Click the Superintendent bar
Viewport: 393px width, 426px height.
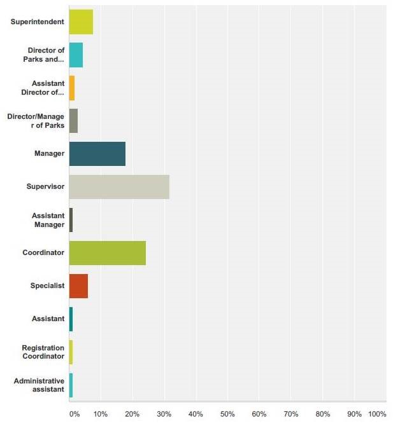point(81,22)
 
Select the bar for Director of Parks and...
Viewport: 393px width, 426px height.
point(76,55)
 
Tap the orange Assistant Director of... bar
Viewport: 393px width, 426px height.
point(72,88)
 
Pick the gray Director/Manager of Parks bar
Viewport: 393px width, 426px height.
point(73,121)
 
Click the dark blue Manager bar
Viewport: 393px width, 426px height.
point(97,154)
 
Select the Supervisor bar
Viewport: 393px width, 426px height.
point(119,187)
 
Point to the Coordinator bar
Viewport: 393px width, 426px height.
point(107,253)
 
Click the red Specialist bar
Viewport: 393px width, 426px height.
point(78,286)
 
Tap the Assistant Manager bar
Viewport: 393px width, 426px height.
point(71,220)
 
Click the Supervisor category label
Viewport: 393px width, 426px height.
point(45,187)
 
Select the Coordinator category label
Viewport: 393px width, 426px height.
point(43,253)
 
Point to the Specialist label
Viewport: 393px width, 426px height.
point(48,286)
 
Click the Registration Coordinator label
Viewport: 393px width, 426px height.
point(43,352)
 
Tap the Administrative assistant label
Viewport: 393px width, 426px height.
point(39,385)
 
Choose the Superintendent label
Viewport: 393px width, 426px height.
point(38,22)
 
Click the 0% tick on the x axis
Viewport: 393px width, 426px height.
point(75,415)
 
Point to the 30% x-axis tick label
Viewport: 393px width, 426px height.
point(164,415)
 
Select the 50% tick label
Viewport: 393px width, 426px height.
point(227,415)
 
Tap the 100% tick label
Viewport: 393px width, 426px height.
point(377,415)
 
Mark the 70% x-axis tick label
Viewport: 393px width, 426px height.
point(291,415)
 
